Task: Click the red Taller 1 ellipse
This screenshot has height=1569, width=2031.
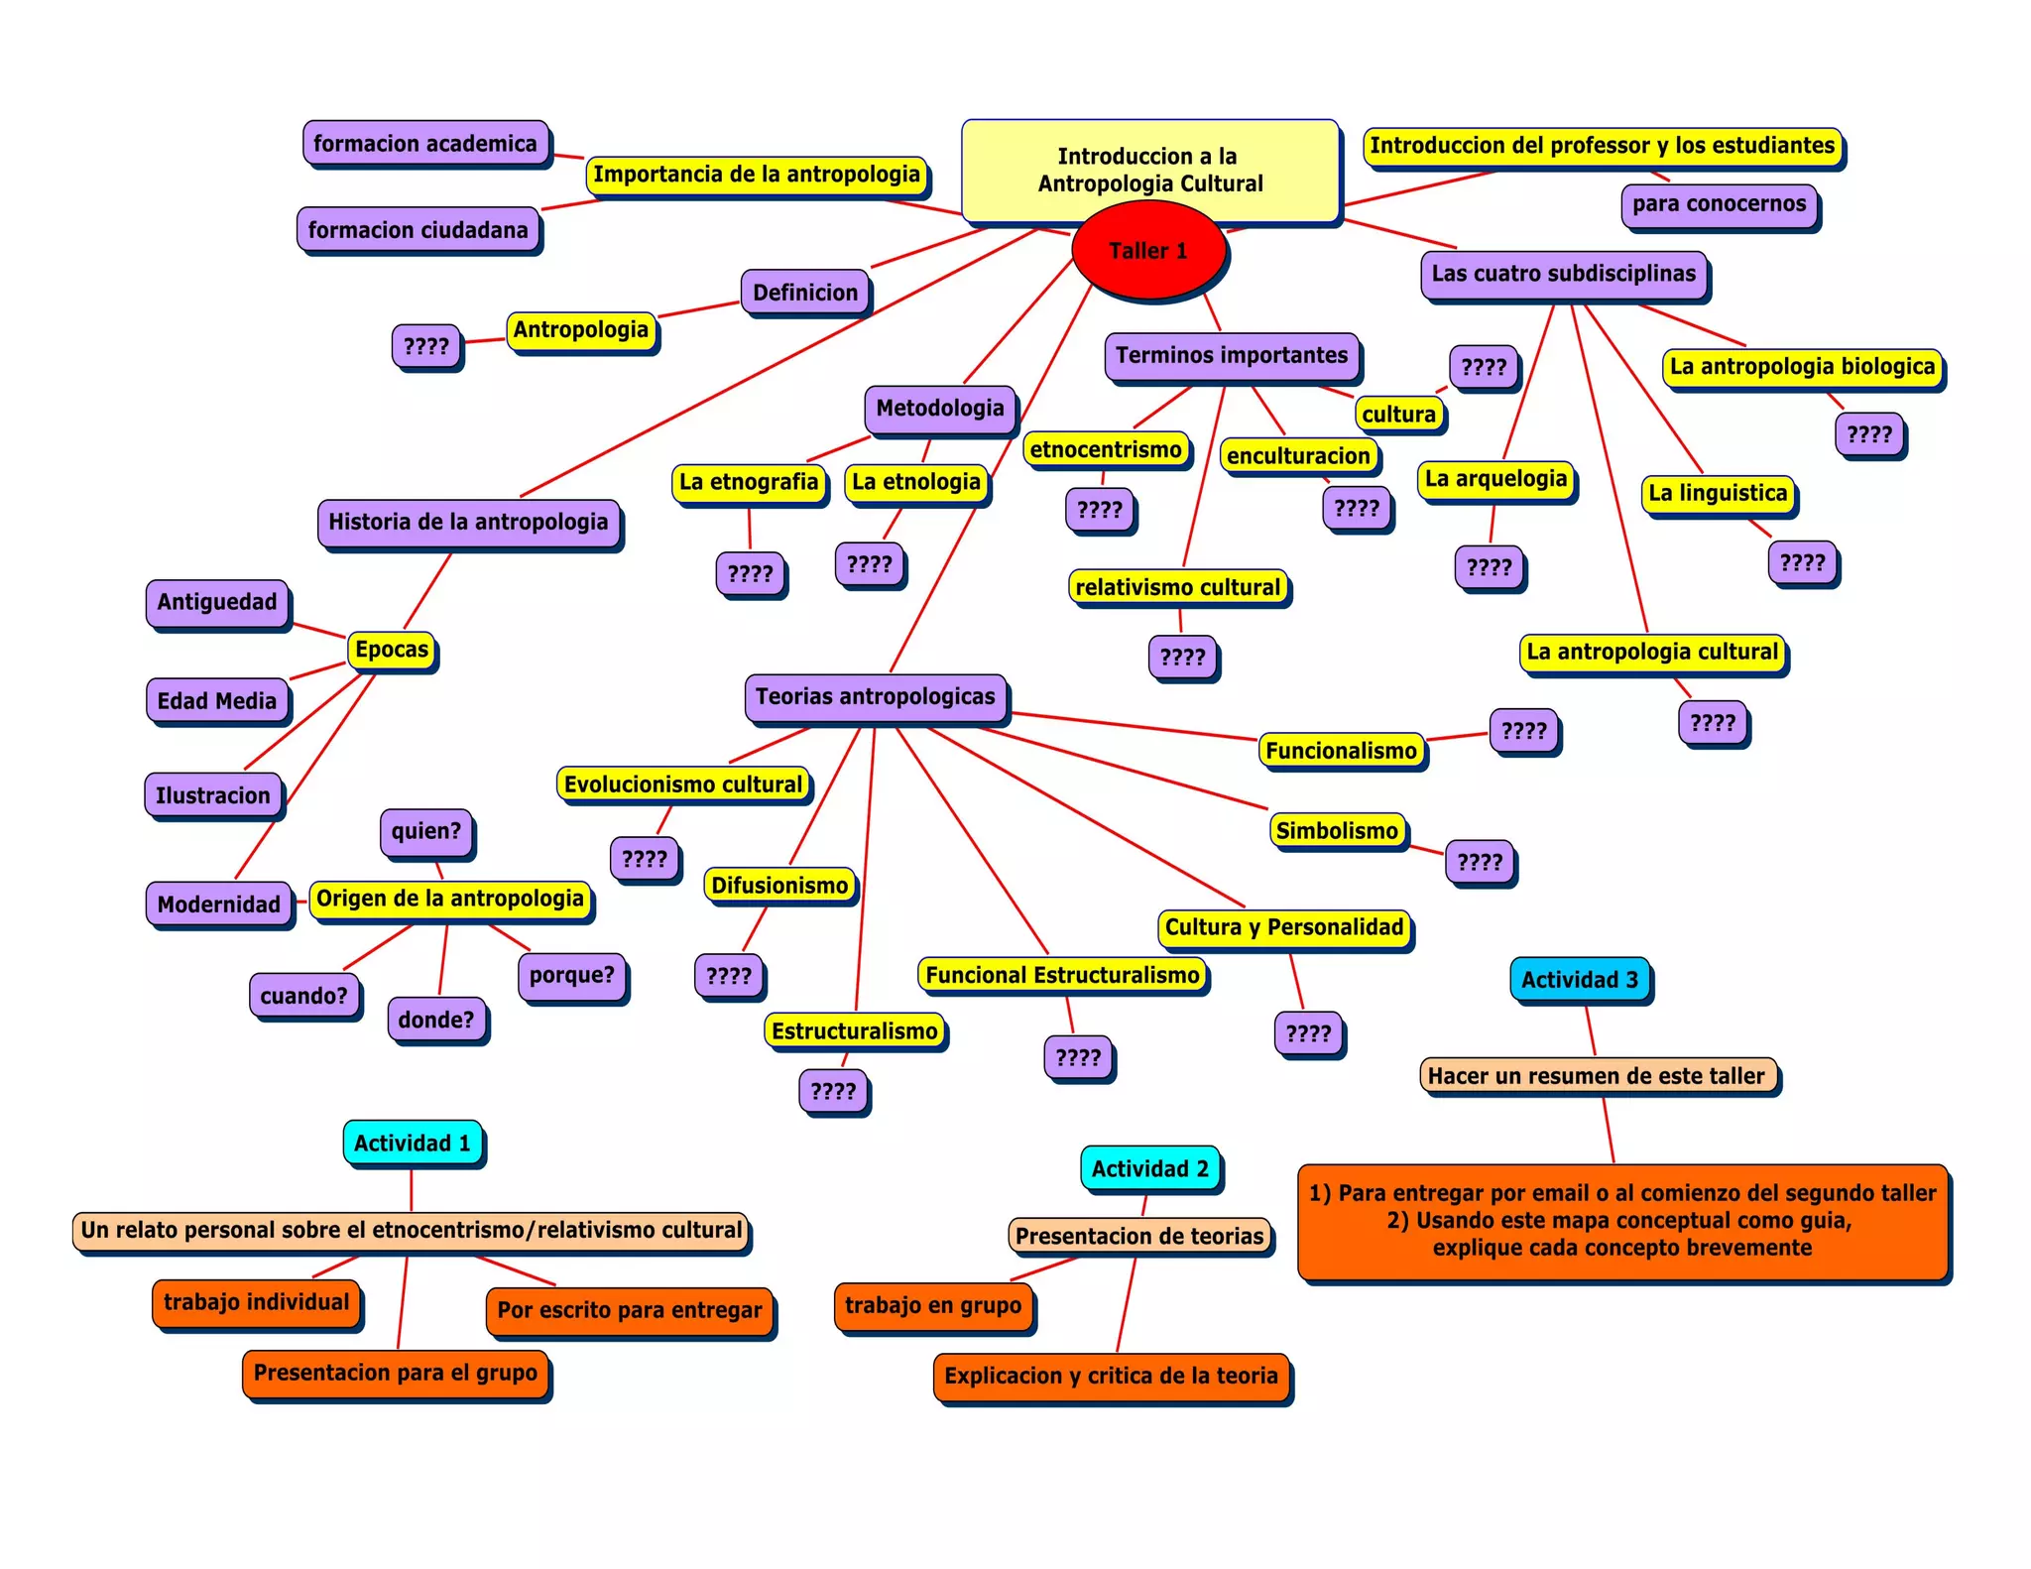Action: coord(1148,250)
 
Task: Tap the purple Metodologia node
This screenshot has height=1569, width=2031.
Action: coord(940,409)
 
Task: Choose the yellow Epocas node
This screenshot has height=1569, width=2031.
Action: coord(392,651)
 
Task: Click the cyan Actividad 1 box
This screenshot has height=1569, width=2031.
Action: coord(413,1143)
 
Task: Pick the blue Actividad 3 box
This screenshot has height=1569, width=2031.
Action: coord(1580,980)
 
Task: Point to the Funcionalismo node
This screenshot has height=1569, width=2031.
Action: coord(1341,751)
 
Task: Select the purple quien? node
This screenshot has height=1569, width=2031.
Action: coord(426,831)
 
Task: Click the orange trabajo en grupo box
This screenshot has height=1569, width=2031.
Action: coord(933,1305)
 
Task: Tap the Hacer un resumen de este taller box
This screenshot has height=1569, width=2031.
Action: coord(1597,1076)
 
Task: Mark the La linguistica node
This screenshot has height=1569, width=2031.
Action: coord(1718,494)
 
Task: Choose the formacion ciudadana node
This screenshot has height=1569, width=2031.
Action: coord(418,230)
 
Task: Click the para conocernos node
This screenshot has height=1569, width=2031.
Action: coord(1720,204)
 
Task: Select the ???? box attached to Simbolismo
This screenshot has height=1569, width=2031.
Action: coord(1480,862)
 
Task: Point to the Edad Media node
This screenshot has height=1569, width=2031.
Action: coord(217,701)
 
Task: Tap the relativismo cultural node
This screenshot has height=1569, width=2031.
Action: coord(1178,587)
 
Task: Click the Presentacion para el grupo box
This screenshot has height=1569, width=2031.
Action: coord(396,1374)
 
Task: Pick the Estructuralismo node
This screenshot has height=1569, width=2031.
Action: coord(855,1031)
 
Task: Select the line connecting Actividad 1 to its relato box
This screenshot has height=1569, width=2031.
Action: coord(412,1189)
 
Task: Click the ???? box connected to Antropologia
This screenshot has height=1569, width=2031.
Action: coord(426,346)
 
